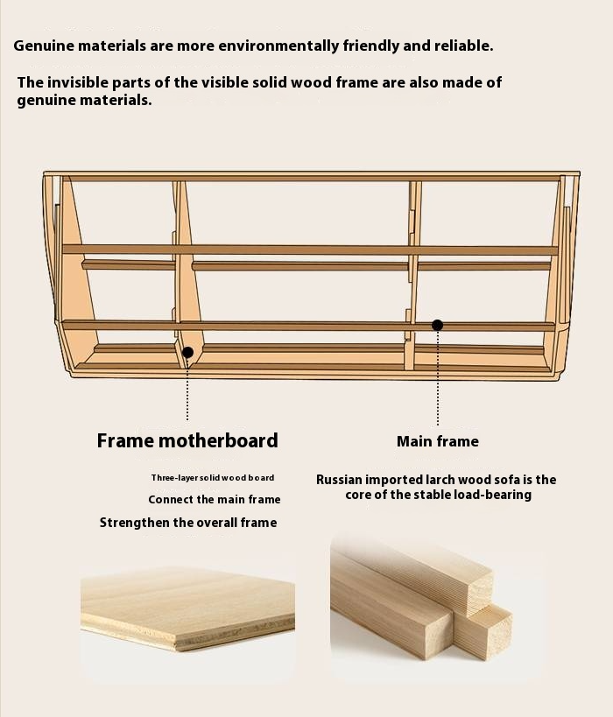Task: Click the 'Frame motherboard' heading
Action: pyautogui.click(x=187, y=441)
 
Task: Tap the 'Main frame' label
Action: pyautogui.click(x=438, y=441)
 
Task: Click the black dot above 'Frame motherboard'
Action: pyautogui.click(x=187, y=352)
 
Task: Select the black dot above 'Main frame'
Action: pyautogui.click(x=437, y=325)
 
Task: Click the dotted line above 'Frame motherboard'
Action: pyautogui.click(x=187, y=389)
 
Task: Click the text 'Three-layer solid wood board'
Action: pyautogui.click(x=213, y=478)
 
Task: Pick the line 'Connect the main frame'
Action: pyautogui.click(x=214, y=499)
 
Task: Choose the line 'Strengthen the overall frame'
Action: pyautogui.click(x=188, y=523)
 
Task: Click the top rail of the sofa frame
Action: pyautogui.click(x=312, y=176)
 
